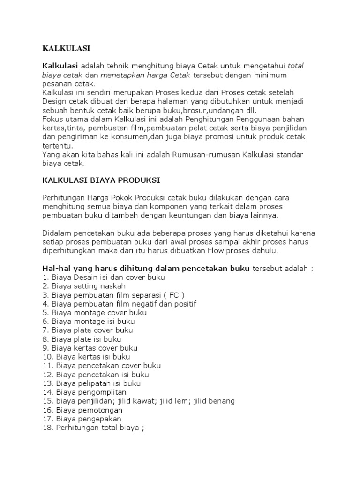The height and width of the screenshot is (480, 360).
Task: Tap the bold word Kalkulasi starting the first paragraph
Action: [60, 66]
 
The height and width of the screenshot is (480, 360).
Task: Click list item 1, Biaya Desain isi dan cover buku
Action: [100, 277]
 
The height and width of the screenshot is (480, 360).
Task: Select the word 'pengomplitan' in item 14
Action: [103, 392]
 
